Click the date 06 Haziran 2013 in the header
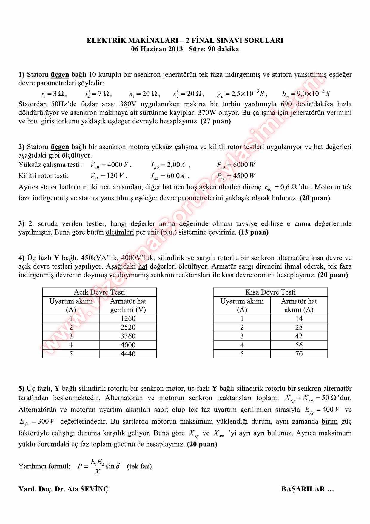(x=157, y=49)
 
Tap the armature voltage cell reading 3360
(x=128, y=336)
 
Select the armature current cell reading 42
(x=299, y=336)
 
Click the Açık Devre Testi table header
(x=99, y=292)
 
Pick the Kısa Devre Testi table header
(x=270, y=292)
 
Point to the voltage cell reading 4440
(x=128, y=354)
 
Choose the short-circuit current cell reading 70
(x=299, y=354)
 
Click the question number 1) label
(x=21, y=75)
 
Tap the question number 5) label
(x=21, y=389)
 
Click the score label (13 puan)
(x=253, y=232)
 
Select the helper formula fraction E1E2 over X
(x=97, y=466)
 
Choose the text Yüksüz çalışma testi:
(x=50, y=165)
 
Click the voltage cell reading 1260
(x=128, y=318)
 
